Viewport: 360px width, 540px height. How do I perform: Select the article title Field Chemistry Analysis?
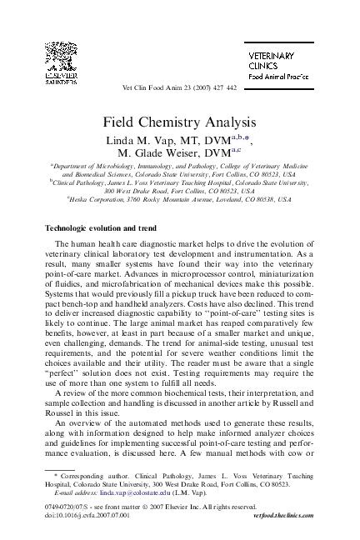[179, 122]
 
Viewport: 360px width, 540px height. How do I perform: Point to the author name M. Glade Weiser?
[167, 153]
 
